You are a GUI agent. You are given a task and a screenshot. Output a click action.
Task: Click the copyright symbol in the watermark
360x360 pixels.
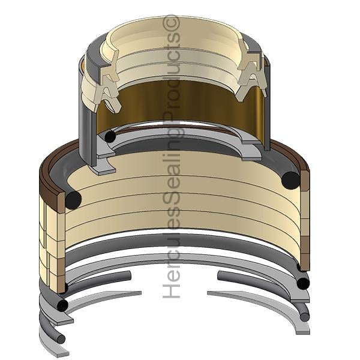click(x=171, y=22)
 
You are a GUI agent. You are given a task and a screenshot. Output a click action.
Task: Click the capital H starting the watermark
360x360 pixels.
click(x=171, y=291)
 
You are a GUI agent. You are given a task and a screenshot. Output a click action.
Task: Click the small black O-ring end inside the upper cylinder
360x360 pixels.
click(x=110, y=137)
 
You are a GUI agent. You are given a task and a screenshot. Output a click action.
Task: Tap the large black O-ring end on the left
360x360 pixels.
click(x=73, y=200)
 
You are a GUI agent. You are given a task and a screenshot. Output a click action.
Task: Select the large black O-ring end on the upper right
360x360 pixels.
click(x=291, y=180)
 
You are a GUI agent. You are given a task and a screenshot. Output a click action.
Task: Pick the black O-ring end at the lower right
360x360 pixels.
click(x=303, y=284)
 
